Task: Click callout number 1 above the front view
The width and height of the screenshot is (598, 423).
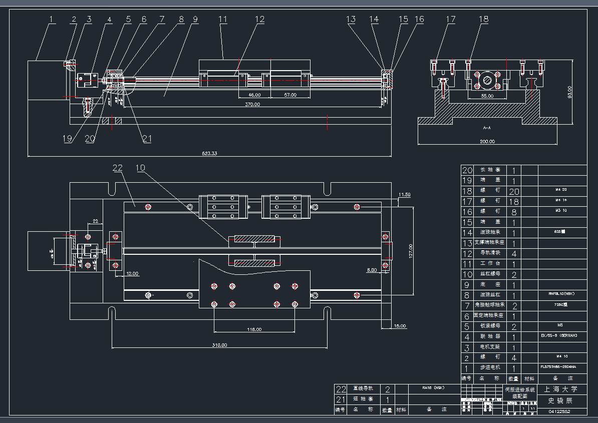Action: pyautogui.click(x=51, y=20)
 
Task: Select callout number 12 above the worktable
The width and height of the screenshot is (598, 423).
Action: pyautogui.click(x=259, y=20)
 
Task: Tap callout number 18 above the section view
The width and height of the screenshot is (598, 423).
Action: pyautogui.click(x=483, y=20)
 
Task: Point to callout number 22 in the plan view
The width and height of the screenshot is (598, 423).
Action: pyautogui.click(x=117, y=168)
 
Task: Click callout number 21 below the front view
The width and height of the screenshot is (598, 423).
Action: pyautogui.click(x=146, y=139)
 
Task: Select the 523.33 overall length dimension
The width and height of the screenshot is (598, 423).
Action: pyautogui.click(x=209, y=153)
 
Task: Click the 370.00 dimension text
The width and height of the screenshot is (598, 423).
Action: pyautogui.click(x=252, y=105)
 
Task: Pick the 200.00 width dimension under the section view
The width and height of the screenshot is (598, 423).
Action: pyautogui.click(x=487, y=141)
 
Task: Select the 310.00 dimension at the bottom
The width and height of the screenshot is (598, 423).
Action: pyautogui.click(x=219, y=345)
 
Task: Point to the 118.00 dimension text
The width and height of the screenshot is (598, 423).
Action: pyautogui.click(x=254, y=329)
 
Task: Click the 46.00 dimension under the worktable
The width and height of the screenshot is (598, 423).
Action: pyautogui.click(x=254, y=95)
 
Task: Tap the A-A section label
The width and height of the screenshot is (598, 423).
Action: pyautogui.click(x=486, y=128)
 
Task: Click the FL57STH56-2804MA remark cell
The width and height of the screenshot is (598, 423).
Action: pyautogui.click(x=557, y=367)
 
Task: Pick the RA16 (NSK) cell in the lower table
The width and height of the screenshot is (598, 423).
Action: pyautogui.click(x=433, y=387)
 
